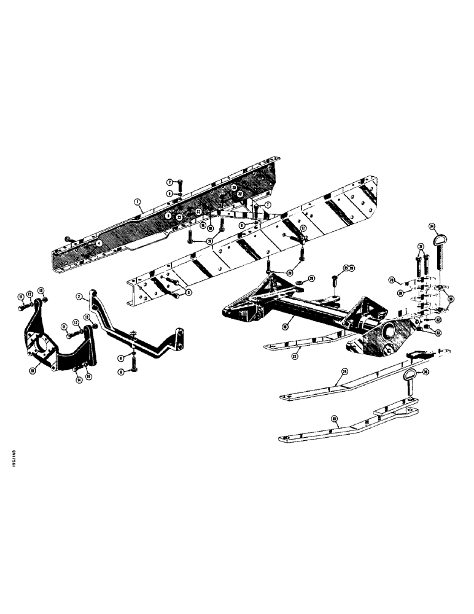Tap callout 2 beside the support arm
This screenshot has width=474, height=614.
[80, 296]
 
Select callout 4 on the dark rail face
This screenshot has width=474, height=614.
[98, 243]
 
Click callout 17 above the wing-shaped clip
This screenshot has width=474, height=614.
[303, 227]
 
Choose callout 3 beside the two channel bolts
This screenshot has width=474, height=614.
[188, 293]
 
